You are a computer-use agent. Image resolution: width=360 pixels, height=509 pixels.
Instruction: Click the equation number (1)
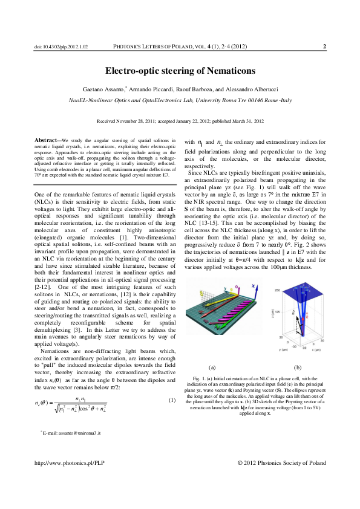(172, 401)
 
